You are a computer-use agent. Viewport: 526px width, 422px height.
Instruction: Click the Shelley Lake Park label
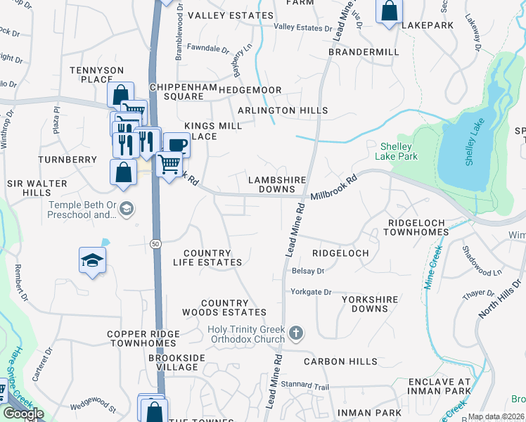pos(399,151)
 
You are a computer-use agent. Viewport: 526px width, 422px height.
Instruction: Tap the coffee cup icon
pos(177,145)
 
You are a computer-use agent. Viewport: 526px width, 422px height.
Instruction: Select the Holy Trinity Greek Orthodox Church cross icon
pos(297,332)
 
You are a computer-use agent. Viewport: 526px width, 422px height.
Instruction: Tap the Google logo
pos(23,414)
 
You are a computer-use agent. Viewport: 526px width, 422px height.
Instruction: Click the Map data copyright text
pos(496,416)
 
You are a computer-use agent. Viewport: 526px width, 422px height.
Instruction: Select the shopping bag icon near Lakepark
pos(388,11)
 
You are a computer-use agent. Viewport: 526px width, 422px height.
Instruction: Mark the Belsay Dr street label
pos(307,271)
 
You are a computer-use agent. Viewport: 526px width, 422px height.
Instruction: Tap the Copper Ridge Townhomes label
pos(141,338)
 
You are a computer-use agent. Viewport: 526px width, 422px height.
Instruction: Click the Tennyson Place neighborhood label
pos(96,75)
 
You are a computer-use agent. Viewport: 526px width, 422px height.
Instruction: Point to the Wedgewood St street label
pos(93,406)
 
